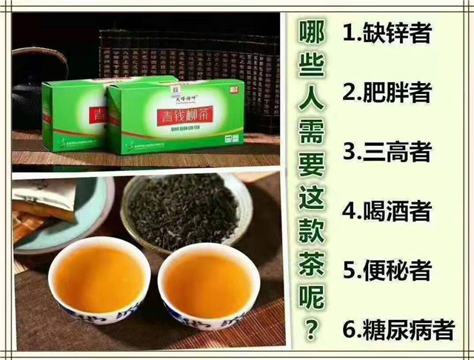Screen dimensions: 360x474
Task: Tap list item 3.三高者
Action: click(387, 150)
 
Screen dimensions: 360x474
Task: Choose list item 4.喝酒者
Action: click(387, 210)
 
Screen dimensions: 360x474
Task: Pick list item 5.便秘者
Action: click(387, 269)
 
